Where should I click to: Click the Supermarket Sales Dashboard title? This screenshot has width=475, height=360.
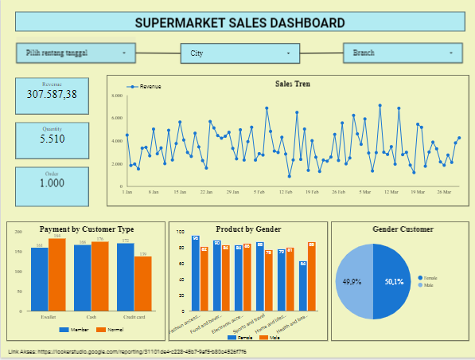tap(239, 22)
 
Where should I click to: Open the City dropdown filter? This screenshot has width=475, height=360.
tap(239, 54)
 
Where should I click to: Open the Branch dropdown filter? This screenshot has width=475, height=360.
tap(402, 54)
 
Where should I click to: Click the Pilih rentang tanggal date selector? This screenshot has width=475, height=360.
tap(76, 53)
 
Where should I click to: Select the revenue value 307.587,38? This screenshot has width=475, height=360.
tap(52, 94)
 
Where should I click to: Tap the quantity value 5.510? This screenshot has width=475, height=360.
tap(52, 139)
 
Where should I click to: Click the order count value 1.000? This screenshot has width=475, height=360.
tap(52, 183)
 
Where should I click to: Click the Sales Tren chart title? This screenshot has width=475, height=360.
tap(293, 84)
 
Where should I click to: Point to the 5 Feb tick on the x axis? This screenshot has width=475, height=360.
tap(259, 192)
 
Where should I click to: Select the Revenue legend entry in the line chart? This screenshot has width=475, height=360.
tap(146, 86)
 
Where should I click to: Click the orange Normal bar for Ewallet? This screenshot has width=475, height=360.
tap(57, 275)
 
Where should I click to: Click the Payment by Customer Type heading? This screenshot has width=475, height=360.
tap(87, 229)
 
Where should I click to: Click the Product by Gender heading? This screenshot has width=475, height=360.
tap(247, 229)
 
